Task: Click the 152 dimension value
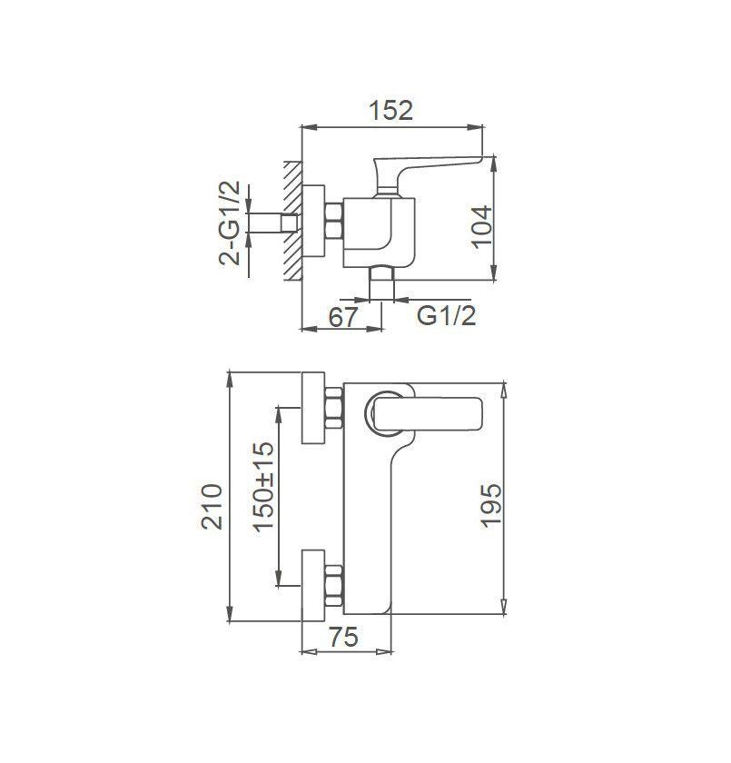click(x=391, y=110)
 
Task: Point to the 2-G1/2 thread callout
click(x=231, y=223)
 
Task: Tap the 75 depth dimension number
click(x=341, y=637)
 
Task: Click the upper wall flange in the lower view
click(x=313, y=408)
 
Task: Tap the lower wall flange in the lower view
click(x=313, y=586)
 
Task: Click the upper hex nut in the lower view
click(x=333, y=408)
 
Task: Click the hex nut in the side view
click(x=333, y=223)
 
